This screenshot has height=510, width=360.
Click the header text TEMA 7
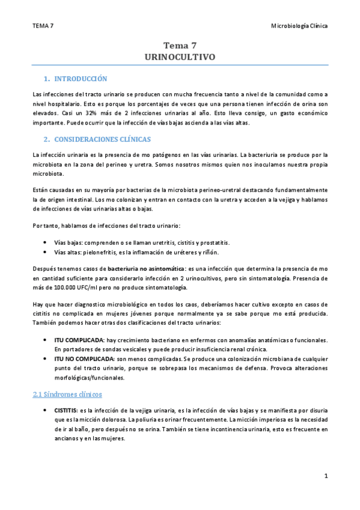click(43, 26)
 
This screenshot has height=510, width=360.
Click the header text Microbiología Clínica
click(299, 26)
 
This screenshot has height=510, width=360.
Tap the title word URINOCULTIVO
click(180, 57)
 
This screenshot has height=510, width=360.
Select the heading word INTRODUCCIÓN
click(81, 79)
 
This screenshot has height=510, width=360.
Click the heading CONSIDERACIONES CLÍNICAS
click(102, 140)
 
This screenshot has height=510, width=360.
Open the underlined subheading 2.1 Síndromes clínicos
click(67, 395)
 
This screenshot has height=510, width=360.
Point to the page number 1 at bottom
click(325, 476)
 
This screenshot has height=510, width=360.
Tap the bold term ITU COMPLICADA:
click(79, 340)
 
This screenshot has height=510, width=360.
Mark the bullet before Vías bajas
click(46, 243)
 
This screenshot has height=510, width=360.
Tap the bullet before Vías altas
click(46, 252)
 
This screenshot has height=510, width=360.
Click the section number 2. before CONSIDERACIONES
click(47, 140)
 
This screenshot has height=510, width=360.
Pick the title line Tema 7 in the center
click(180, 45)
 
